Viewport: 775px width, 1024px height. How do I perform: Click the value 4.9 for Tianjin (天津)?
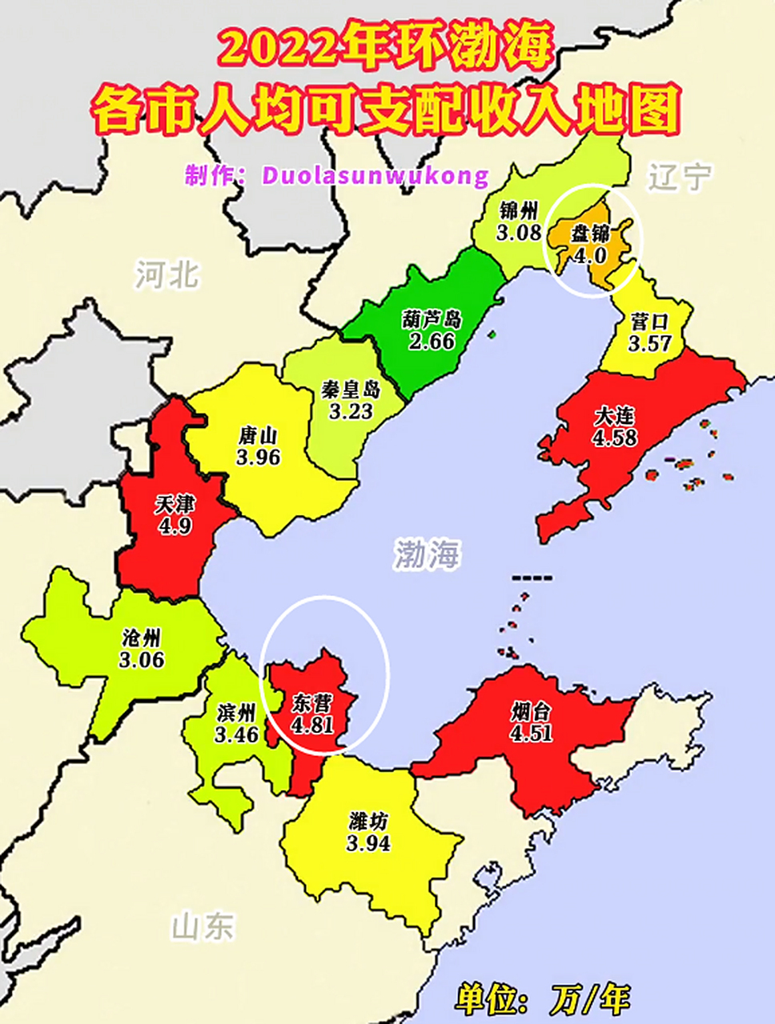coord(175,526)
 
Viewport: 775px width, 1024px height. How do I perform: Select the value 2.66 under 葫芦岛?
coord(432,341)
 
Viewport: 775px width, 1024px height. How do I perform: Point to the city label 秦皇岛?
coord(351,390)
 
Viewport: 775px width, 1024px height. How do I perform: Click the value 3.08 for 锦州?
coord(519,234)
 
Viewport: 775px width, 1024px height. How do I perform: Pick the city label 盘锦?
coord(590,234)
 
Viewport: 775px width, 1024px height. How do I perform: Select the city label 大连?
coord(614,417)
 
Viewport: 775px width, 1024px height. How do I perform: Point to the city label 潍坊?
coord(369,821)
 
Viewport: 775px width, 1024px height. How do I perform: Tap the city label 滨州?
coord(236,712)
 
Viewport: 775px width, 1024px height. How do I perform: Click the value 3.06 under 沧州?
coord(142,659)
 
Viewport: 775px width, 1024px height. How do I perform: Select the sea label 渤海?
coord(428,554)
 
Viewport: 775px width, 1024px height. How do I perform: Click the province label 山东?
coord(203,926)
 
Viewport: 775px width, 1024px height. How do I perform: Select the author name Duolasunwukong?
coord(375,175)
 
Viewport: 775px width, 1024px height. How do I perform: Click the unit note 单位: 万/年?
coord(543,999)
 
